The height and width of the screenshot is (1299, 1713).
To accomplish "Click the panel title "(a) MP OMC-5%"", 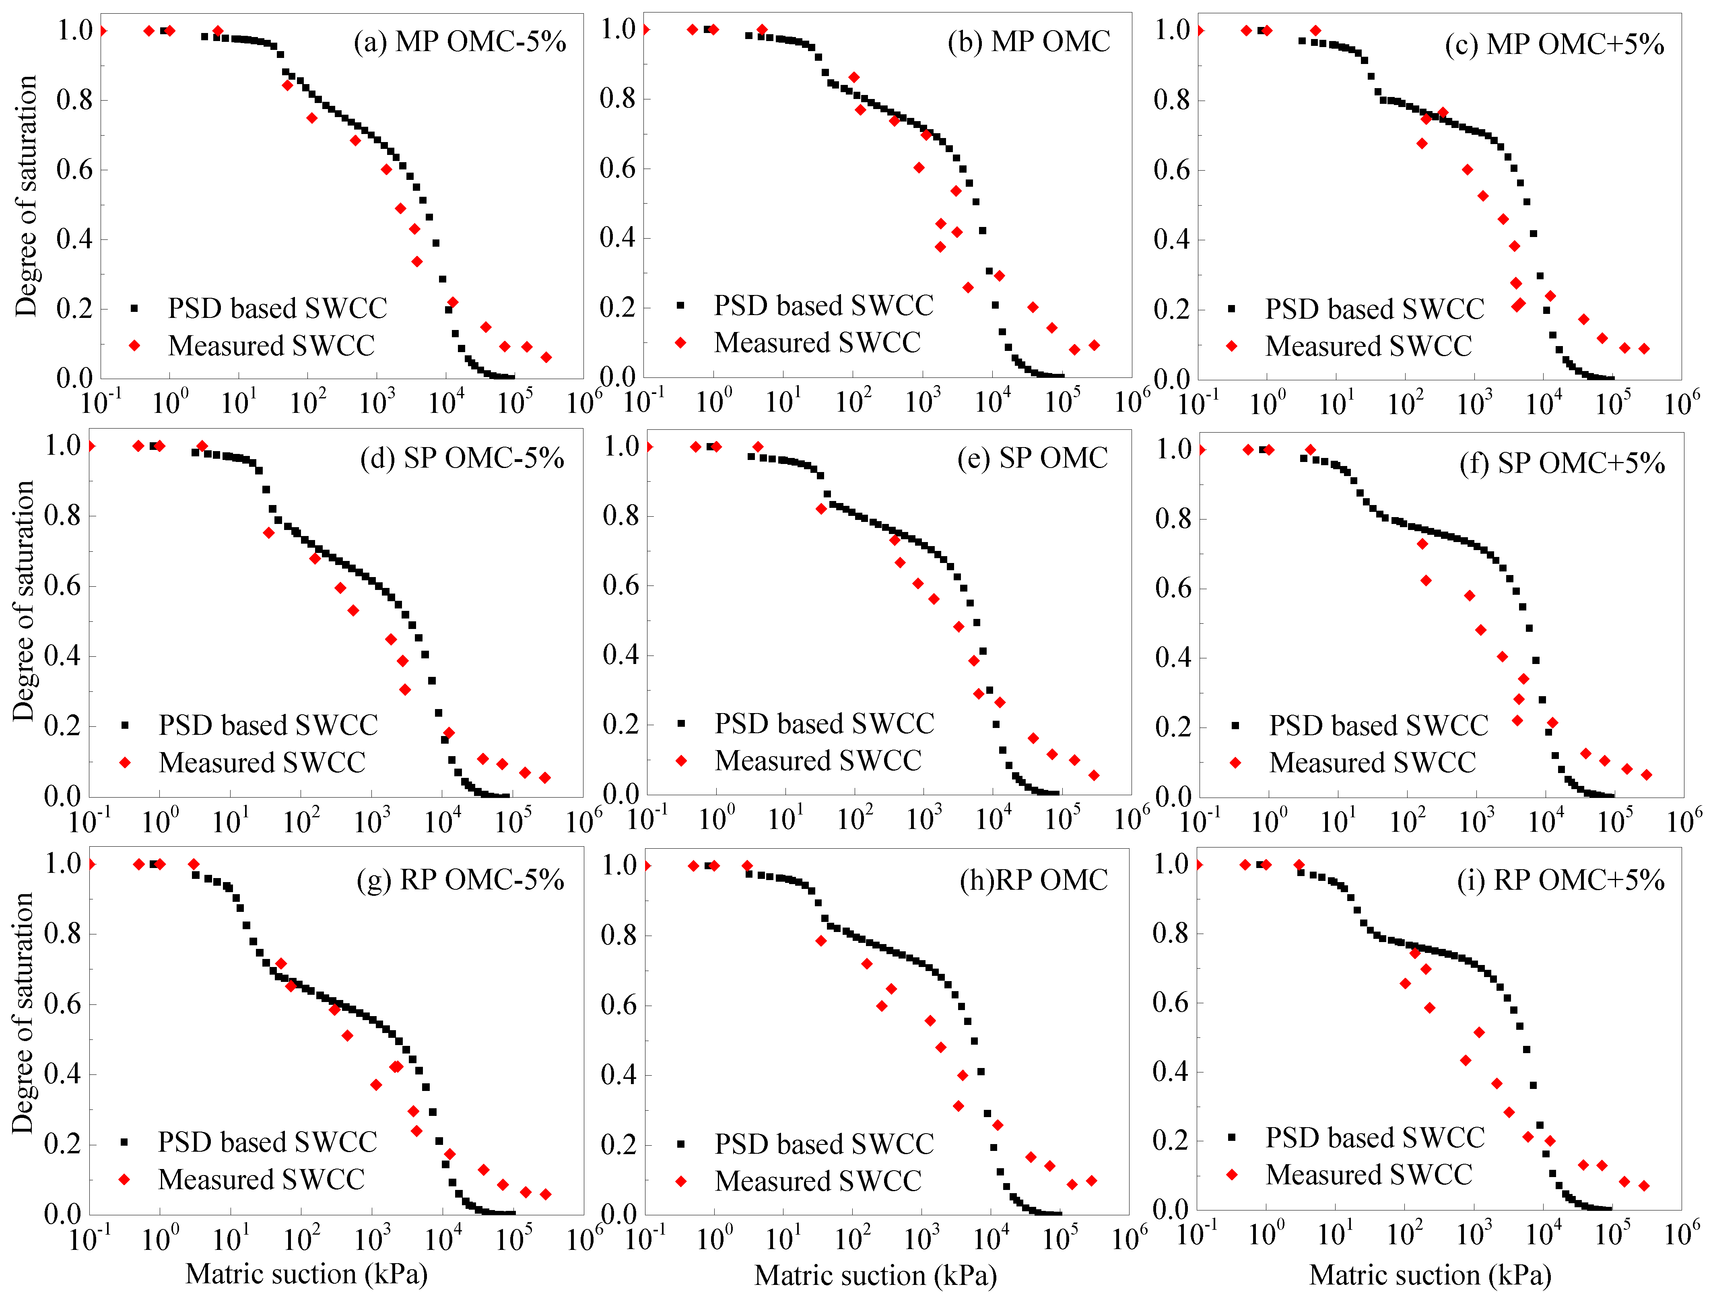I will [x=460, y=42].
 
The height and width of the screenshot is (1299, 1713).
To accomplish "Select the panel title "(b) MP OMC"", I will [x=1029, y=42].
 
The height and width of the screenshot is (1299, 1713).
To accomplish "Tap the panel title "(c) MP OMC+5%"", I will [x=1554, y=45].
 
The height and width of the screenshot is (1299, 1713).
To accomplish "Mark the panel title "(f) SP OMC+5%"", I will [x=1562, y=463].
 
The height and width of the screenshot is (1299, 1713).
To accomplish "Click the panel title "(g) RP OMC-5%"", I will [x=460, y=880].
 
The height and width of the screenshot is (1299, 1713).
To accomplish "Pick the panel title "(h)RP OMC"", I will [x=1034, y=880].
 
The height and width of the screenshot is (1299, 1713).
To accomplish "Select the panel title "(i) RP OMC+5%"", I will [x=1560, y=880].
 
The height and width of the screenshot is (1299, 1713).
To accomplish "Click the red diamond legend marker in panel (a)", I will [x=135, y=345].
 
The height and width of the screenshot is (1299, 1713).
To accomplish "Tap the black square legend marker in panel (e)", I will [x=682, y=724].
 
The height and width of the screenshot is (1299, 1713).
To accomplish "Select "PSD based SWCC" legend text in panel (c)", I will [x=1375, y=309].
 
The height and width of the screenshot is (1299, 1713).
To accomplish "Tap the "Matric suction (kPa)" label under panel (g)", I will [x=307, y=1274].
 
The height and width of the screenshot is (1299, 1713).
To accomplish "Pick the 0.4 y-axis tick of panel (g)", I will [x=62, y=1074].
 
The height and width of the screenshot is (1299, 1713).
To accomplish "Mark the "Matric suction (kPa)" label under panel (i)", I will [x=1431, y=1275].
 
